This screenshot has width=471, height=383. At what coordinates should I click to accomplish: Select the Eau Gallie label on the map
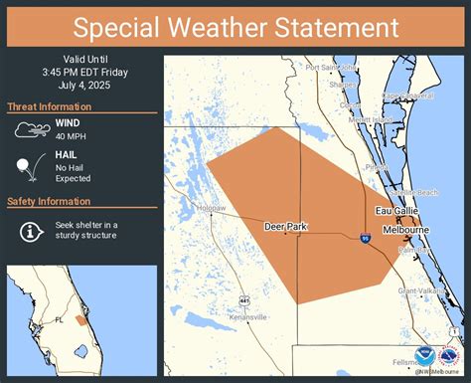point(397,211)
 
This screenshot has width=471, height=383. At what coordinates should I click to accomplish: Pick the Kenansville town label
point(246,317)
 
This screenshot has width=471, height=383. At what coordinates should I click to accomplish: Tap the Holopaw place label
point(211,208)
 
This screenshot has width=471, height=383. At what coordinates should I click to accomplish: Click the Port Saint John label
point(331,68)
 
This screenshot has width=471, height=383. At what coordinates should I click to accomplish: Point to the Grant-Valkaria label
point(420,290)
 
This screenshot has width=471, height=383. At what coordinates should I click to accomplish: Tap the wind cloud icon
point(32,129)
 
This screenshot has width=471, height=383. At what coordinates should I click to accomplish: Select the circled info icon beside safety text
point(31,231)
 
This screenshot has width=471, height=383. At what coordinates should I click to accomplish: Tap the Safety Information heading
point(49,202)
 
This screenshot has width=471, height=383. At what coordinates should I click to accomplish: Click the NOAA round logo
point(425,357)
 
